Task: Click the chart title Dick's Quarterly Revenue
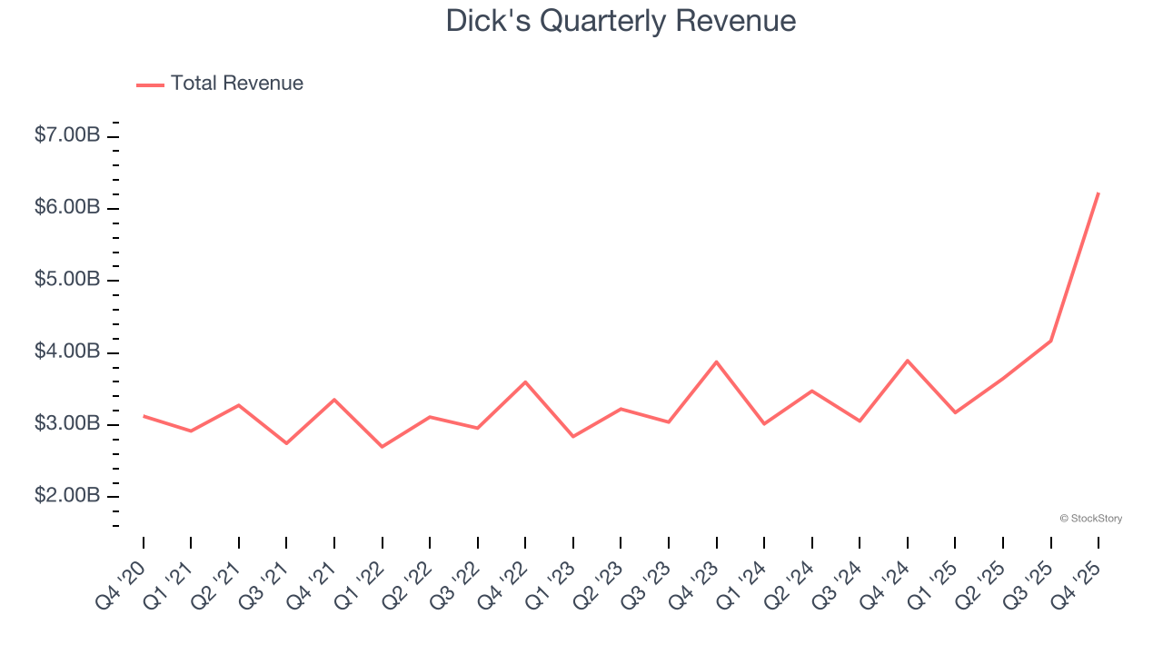click(621, 21)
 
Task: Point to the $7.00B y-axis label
click(67, 135)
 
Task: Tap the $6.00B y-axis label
click(67, 207)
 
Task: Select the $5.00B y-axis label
click(67, 279)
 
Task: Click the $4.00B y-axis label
click(67, 352)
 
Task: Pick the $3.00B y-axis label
click(67, 423)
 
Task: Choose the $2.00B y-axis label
click(67, 495)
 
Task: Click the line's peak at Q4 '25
click(1098, 193)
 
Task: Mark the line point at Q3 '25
click(1051, 341)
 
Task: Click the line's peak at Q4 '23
click(717, 362)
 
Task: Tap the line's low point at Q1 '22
click(382, 447)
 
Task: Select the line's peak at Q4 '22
click(525, 381)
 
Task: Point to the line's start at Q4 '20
click(144, 416)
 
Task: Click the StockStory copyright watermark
click(1090, 519)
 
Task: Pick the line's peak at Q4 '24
click(908, 361)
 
